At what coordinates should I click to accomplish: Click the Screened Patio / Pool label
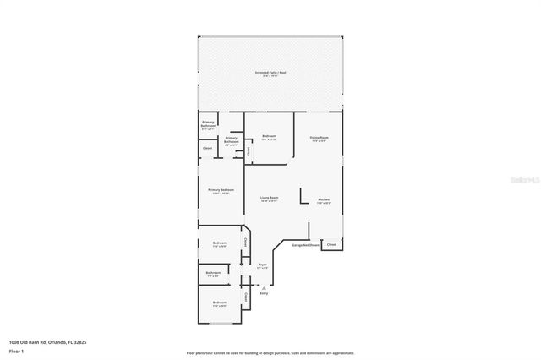click(270, 73)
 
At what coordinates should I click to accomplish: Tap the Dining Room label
click(319, 137)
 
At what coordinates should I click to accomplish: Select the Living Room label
click(270, 198)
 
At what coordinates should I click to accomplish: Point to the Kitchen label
click(324, 200)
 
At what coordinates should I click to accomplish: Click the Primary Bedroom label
click(221, 190)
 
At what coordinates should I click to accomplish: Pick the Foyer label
click(263, 265)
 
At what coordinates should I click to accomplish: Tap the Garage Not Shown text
click(305, 245)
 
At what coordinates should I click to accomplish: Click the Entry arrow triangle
click(263, 287)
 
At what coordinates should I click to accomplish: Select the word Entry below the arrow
click(264, 293)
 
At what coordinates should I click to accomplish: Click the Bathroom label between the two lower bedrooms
click(213, 273)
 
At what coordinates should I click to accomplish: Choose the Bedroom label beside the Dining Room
click(270, 137)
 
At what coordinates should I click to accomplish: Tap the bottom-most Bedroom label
click(220, 303)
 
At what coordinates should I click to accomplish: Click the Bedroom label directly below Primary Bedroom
click(220, 245)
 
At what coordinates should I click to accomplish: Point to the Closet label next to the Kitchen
click(331, 245)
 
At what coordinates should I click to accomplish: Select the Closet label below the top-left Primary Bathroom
click(208, 149)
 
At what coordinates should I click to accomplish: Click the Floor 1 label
click(16, 350)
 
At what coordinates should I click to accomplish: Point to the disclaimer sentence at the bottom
click(270, 353)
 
